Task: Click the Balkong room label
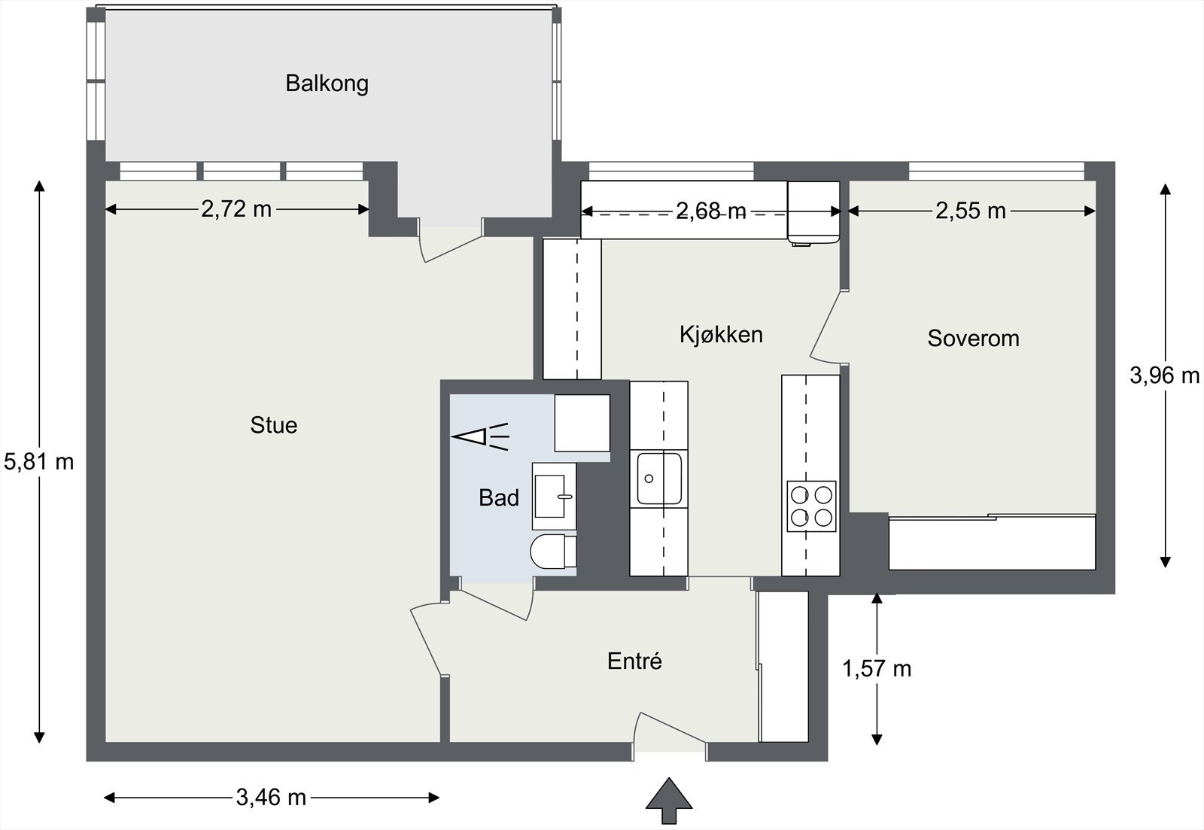[327, 83]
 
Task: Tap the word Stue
[273, 425]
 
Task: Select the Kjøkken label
[721, 334]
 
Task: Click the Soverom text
[973, 339]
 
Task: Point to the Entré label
[634, 661]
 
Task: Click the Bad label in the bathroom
[499, 497]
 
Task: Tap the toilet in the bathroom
[552, 551]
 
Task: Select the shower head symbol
[479, 436]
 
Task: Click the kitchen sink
[659, 478]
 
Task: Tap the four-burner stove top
[811, 506]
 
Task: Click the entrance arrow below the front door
[669, 802]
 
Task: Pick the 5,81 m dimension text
[39, 461]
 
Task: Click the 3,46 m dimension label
[271, 798]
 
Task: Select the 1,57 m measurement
[877, 668]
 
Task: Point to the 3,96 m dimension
[1164, 375]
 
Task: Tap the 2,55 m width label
[970, 211]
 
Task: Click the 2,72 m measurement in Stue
[236, 209]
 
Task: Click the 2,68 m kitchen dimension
[710, 212]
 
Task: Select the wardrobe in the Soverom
[992, 543]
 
